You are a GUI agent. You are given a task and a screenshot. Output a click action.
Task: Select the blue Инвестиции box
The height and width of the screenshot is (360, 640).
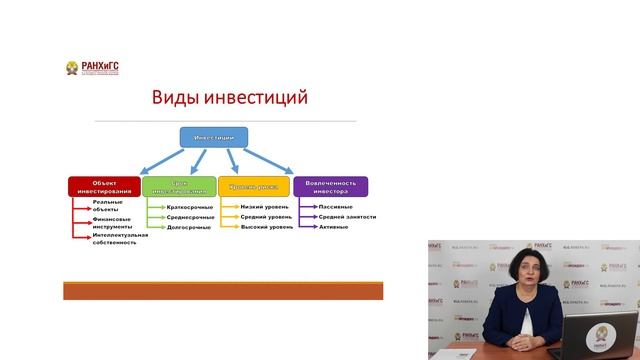213,136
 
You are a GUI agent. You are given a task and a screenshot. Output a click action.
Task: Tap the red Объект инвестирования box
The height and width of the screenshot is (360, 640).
104,186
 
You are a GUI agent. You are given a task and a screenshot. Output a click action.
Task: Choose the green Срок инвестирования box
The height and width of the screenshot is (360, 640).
179,186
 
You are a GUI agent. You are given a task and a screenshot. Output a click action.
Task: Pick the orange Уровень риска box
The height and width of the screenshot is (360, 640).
254,186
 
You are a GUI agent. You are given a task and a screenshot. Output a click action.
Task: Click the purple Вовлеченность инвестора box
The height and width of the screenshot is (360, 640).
330,186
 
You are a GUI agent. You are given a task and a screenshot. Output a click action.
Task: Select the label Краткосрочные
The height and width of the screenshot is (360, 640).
190,206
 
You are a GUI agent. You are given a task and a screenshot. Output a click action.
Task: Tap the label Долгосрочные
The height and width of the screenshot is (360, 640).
189,227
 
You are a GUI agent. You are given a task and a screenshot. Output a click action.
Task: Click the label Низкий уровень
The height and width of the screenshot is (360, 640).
266,206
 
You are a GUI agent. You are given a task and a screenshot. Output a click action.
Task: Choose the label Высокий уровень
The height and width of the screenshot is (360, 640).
267,227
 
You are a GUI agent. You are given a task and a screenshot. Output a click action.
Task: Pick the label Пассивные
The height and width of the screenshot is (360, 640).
335,206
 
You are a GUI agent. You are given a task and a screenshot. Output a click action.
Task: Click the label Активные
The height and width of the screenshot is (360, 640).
333,227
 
